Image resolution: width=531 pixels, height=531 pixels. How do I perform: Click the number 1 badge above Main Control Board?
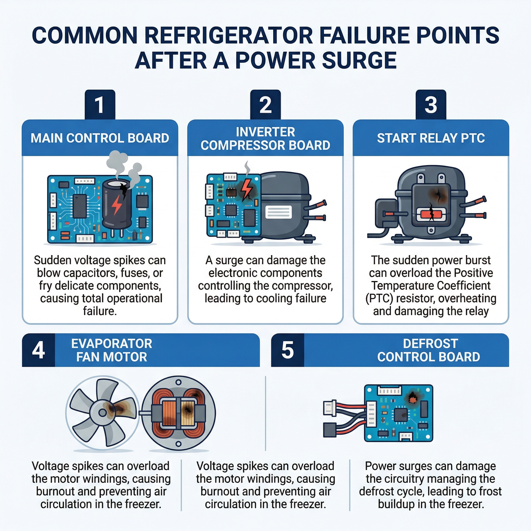[x=100, y=105]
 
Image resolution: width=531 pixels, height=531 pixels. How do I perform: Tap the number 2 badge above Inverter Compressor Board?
[x=265, y=105]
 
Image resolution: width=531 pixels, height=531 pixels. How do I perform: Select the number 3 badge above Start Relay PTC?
[x=431, y=105]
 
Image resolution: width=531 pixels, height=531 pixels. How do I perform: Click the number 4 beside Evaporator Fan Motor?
[x=38, y=350]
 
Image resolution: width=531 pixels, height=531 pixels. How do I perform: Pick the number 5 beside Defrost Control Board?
[x=288, y=350]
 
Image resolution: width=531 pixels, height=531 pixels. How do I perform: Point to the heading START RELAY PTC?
[x=431, y=138]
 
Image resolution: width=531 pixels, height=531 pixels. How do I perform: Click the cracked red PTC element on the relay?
[x=431, y=214]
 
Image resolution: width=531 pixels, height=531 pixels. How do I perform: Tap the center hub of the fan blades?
[x=102, y=413]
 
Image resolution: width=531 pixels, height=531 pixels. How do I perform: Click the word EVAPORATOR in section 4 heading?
[x=111, y=344]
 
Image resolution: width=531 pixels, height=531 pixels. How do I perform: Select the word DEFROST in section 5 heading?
[x=430, y=344]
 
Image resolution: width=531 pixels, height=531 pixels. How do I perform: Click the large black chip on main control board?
[x=80, y=206]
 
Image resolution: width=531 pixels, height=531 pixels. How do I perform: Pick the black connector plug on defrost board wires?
[x=330, y=430]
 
